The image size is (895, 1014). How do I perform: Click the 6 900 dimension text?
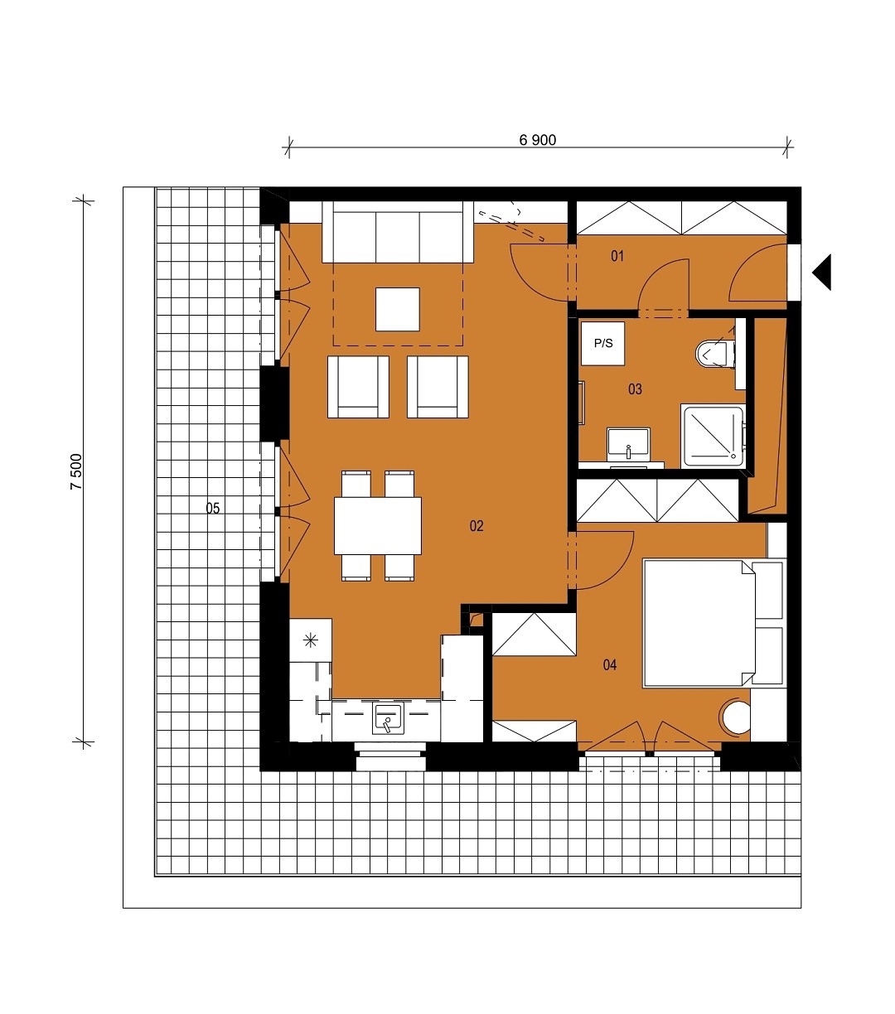point(537,140)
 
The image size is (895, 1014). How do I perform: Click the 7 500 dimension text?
point(76,472)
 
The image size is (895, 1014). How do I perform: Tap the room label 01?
point(617,256)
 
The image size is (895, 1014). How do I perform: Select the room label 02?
point(477,526)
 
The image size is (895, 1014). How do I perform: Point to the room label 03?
point(635,389)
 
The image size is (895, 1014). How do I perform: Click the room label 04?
point(610,664)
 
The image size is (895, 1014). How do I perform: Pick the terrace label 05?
point(213,509)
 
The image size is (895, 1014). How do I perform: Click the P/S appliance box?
point(603,343)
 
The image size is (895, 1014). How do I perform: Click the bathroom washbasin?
point(628,444)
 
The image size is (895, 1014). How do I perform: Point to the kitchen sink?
point(388,719)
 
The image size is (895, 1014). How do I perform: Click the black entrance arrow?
point(821,273)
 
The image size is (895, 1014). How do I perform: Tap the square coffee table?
point(398,309)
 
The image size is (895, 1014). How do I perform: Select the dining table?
point(378,525)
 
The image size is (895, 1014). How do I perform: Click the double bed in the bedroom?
point(699,624)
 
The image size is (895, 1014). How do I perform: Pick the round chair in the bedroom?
point(735,717)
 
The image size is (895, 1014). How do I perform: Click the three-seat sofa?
point(398,232)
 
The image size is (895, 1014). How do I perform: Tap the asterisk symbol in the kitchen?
point(311,640)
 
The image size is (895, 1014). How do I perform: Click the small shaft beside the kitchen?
point(476,619)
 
